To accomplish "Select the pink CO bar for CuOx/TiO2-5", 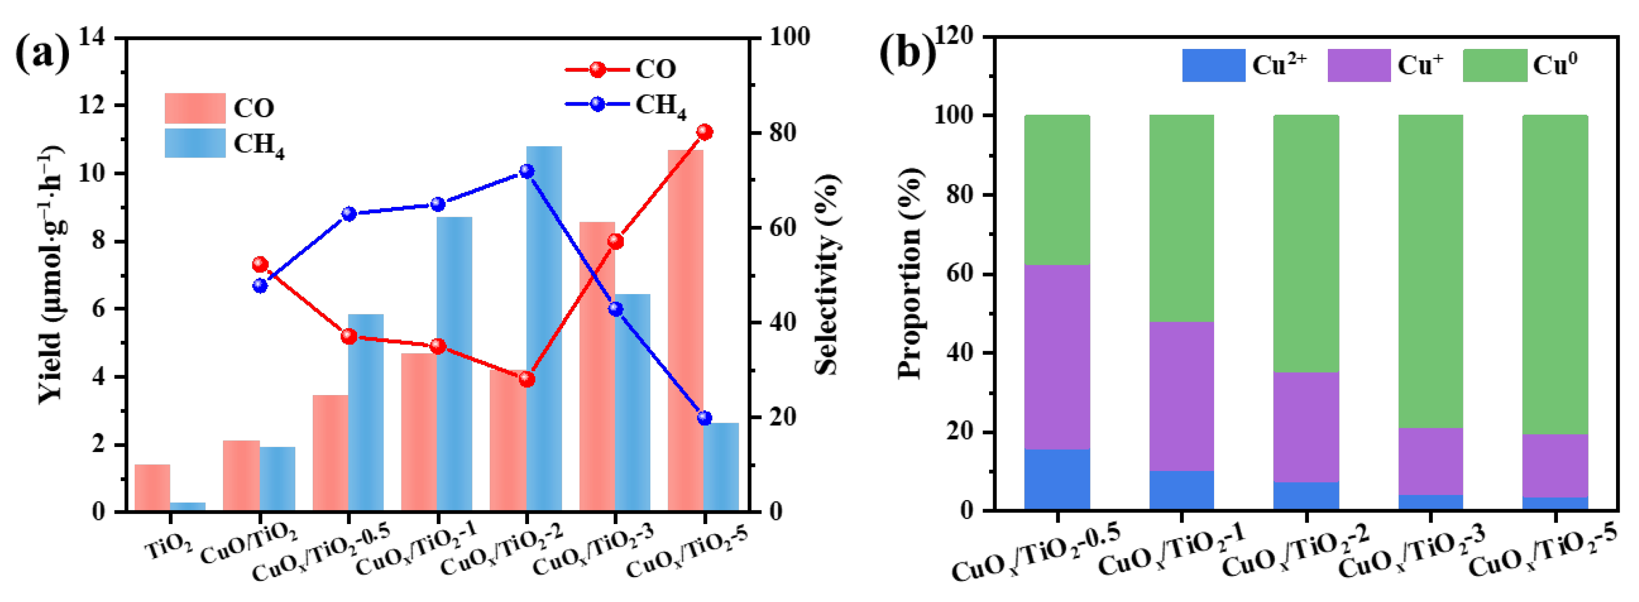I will click(x=685, y=330).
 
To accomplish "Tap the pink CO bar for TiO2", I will click(x=152, y=488).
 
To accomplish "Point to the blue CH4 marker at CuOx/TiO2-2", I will click(x=527, y=171).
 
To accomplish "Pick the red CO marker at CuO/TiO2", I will click(x=260, y=265).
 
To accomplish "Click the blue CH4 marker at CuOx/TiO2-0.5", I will click(x=349, y=214).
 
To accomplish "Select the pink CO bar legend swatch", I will click(x=195, y=108).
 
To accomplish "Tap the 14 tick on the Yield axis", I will click(x=92, y=38).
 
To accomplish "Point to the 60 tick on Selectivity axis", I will click(x=782, y=227).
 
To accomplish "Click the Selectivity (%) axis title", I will click(x=828, y=275).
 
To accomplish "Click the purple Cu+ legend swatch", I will click(x=1358, y=65).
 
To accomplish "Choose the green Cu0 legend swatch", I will click(x=1495, y=65).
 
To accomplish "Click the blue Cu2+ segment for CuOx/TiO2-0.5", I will click(x=1057, y=479).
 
